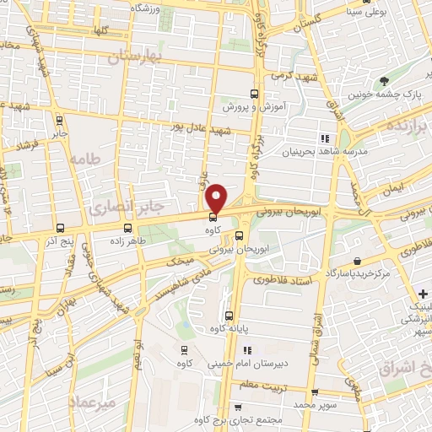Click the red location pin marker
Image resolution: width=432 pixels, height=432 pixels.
point(217,198)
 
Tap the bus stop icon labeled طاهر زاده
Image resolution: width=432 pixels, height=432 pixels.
point(128,227)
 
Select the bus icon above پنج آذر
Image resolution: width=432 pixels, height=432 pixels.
point(59,227)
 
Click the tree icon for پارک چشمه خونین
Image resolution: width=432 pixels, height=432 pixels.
point(385,82)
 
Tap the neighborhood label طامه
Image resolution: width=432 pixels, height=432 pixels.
point(85,159)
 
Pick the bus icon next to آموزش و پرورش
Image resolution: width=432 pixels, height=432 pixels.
point(255,94)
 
